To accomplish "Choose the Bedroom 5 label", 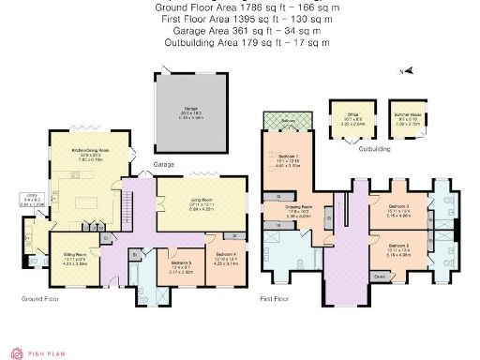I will (x=180, y=265).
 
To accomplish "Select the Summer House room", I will (x=408, y=120).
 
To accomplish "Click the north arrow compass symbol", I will (x=402, y=71).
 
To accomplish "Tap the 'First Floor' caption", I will (x=277, y=299).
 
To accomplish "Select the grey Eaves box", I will (x=381, y=277).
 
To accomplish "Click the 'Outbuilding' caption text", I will (x=375, y=146).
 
